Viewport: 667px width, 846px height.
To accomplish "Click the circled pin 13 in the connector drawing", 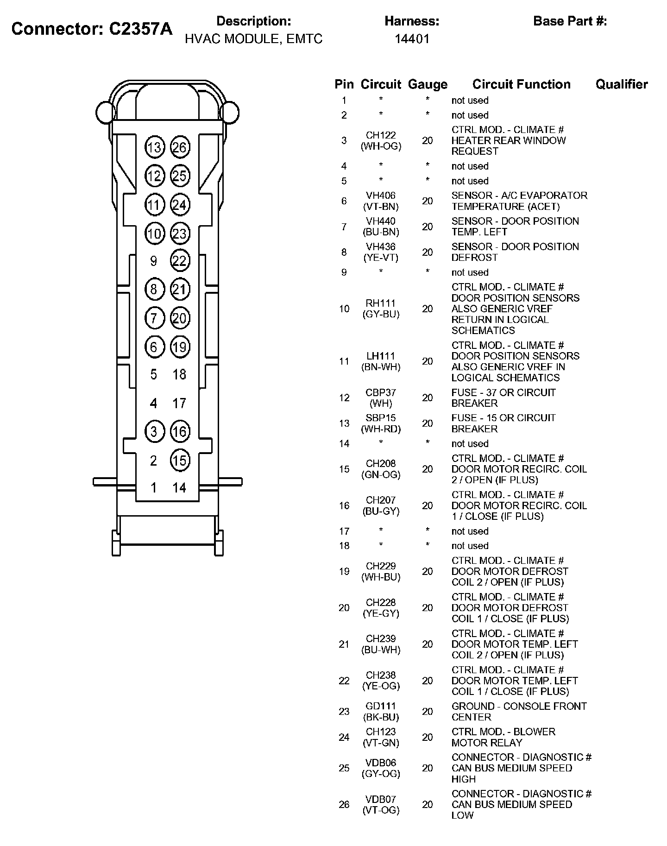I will click(x=154, y=147).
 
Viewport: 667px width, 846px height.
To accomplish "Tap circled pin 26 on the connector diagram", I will click(x=180, y=147).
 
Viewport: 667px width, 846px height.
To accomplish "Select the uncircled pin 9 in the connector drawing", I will click(x=154, y=261).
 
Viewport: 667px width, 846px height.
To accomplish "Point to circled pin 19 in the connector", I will click(x=180, y=347).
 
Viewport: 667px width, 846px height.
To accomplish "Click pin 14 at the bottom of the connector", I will click(x=179, y=487).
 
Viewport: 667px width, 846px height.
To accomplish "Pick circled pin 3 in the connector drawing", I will click(x=154, y=432).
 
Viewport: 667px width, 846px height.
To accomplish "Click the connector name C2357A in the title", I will click(x=140, y=29).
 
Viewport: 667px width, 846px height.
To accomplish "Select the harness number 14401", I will click(x=412, y=39).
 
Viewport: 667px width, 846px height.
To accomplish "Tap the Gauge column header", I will click(x=427, y=84).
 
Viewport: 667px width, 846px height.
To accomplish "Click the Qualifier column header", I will click(x=621, y=84).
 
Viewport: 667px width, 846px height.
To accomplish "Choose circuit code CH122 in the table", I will click(x=381, y=135).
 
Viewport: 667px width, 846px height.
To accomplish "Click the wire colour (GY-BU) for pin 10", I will click(x=381, y=314).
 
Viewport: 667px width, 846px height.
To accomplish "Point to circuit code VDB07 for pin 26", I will click(x=381, y=799).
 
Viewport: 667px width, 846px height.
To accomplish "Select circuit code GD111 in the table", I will click(x=381, y=706).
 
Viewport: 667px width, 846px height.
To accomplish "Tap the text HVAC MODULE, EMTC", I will click(x=253, y=39).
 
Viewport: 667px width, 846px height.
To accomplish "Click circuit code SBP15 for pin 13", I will click(x=381, y=418).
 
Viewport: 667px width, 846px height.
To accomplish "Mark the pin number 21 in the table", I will click(x=344, y=644).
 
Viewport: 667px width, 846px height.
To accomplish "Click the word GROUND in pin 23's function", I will click(x=473, y=706).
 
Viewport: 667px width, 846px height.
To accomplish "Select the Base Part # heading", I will click(x=570, y=21).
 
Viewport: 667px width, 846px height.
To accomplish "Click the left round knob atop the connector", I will click(x=105, y=112).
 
